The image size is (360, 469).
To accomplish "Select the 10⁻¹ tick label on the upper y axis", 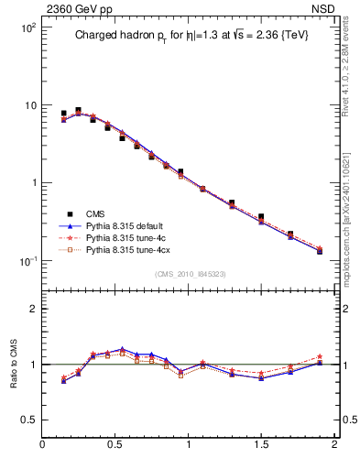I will point(27,261).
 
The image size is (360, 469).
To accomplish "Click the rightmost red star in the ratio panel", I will point(320,356).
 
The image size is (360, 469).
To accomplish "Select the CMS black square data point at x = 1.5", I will point(261,217).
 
